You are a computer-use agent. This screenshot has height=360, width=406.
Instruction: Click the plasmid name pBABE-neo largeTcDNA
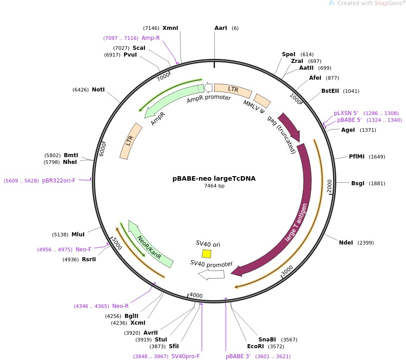click(x=214, y=178)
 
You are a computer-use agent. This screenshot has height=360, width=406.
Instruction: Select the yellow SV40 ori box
click(x=206, y=254)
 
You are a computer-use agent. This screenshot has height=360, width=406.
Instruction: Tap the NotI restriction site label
click(x=98, y=90)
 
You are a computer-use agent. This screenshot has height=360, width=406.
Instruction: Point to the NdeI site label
click(x=346, y=243)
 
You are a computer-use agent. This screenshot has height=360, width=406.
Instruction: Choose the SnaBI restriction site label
click(x=267, y=340)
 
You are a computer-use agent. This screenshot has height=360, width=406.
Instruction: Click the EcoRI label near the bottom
click(x=255, y=346)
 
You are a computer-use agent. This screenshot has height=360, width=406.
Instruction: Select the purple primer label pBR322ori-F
click(x=59, y=180)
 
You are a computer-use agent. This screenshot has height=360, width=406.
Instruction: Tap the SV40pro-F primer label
click(x=186, y=356)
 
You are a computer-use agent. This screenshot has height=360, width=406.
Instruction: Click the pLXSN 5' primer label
click(x=346, y=113)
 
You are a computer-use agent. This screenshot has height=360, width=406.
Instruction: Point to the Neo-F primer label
click(x=83, y=249)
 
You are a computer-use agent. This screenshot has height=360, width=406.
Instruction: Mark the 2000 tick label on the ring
click(x=329, y=185)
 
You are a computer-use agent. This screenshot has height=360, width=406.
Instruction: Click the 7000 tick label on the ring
click(x=162, y=77)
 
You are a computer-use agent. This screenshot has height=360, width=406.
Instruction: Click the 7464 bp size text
click(x=214, y=186)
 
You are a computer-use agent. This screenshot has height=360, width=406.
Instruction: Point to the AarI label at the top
click(x=220, y=28)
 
